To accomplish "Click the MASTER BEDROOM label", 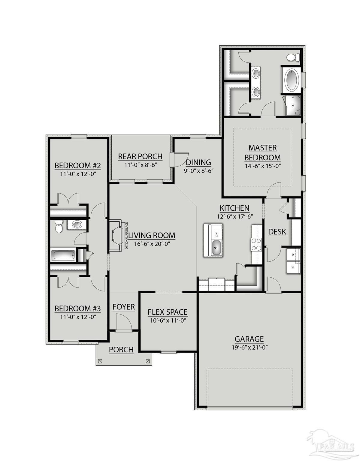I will tap(262, 152).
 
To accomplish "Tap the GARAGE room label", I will tap(249, 339).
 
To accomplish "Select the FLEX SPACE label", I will tap(168, 312).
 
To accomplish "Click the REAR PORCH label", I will tap(140, 156).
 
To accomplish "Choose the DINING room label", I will tap(198, 162).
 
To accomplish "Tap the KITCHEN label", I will tap(234, 208).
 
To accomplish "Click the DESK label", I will tap(277, 232).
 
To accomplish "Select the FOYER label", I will tap(123, 307).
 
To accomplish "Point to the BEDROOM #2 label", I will tap(77, 165).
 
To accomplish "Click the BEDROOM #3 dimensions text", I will tap(77, 316).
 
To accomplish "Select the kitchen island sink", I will tap(216, 247).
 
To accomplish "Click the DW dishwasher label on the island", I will tap(217, 234).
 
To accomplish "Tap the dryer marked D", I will tap(293, 255).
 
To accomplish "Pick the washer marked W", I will tap(293, 267).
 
